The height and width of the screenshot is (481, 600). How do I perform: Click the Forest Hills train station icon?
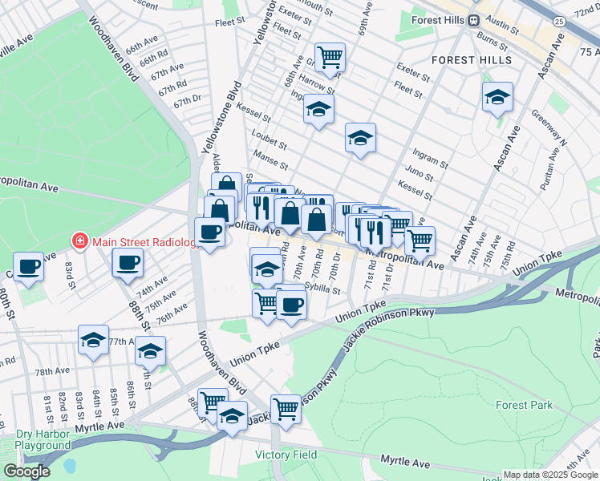coord(474,20)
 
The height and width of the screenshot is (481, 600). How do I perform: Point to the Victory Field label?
coord(286,455)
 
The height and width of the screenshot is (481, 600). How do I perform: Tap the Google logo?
coord(26,471)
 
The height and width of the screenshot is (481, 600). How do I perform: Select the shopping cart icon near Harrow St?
coord(330,57)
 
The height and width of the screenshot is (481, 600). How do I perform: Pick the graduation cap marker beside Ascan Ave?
coord(497,98)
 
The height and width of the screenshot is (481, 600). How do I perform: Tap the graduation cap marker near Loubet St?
coord(361,138)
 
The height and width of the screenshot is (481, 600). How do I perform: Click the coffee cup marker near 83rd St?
coord(29,265)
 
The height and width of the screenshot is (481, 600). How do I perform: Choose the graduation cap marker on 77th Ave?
coord(93,340)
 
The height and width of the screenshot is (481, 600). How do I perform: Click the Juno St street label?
coord(419,177)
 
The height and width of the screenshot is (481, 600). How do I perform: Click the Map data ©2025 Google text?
coord(550,474)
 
